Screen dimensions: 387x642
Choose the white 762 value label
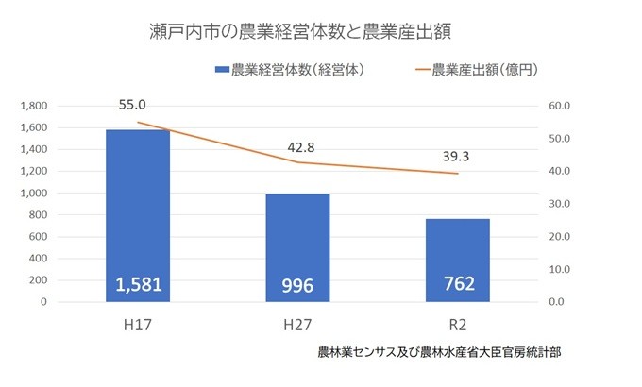(x=459, y=283)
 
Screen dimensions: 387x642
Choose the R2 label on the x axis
(x=459, y=326)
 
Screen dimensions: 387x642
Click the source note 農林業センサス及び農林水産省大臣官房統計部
(x=440, y=352)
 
